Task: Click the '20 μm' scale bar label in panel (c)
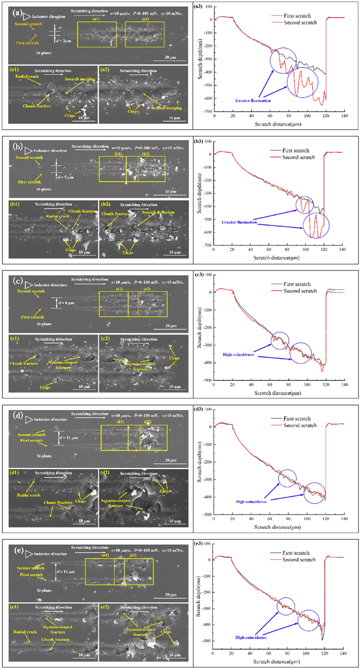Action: coord(170,326)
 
